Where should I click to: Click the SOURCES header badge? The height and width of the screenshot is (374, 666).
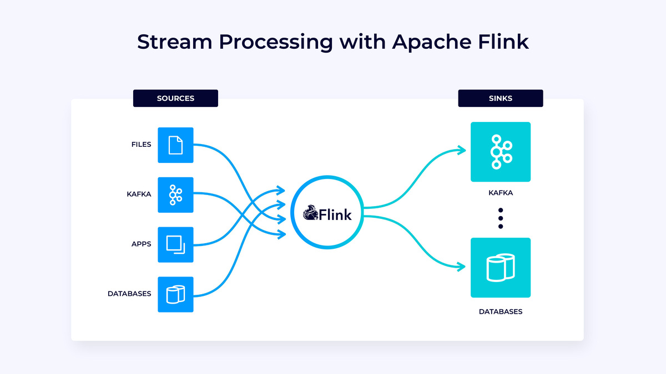(175, 98)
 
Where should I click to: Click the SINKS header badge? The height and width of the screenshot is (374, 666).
(500, 98)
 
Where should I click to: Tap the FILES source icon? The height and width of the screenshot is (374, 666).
(175, 145)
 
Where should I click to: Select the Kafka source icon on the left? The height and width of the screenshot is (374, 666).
(175, 195)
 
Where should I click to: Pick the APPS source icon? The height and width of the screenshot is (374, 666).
(175, 244)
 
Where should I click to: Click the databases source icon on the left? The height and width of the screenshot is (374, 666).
(175, 294)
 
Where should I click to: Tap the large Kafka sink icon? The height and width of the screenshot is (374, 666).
(500, 152)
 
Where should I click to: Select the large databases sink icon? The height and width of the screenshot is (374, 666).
(500, 268)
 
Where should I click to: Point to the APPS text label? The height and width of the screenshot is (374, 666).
(142, 244)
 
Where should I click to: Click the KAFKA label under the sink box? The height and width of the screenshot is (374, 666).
(500, 193)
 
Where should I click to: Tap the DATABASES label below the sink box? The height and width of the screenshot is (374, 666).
(500, 312)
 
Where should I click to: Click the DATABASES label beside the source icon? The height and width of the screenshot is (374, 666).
(129, 294)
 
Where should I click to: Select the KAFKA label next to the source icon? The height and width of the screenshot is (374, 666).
(139, 194)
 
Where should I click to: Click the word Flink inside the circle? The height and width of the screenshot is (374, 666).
(335, 214)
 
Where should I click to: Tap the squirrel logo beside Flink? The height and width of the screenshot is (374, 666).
(311, 213)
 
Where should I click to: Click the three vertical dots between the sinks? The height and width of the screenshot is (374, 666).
(500, 218)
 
